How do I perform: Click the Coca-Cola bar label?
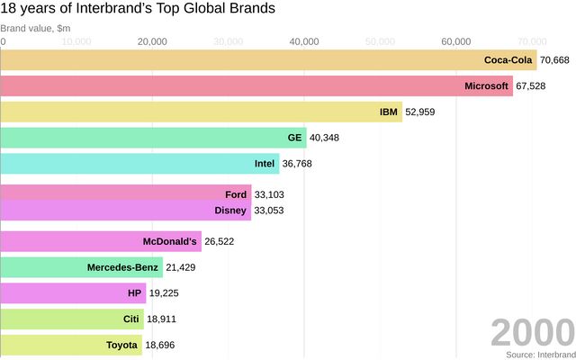pos(508,60)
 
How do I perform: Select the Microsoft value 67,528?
pos(535,86)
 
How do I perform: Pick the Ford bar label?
pos(236,194)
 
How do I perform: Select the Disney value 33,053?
pos(273,211)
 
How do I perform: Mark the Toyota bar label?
pos(121,345)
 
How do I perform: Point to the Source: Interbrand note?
pos(539,355)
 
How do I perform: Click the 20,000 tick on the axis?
pos(153,41)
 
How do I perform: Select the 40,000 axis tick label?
pos(305,41)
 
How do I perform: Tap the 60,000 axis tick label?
pos(456,41)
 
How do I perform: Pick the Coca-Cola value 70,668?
pos(555,60)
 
